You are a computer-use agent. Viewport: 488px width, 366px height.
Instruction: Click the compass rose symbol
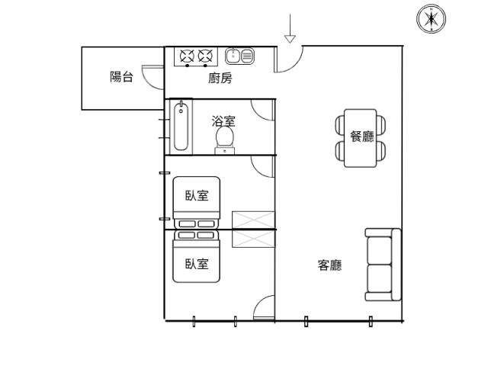click(431, 18)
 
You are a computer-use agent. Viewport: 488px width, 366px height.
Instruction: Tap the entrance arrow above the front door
click(290, 28)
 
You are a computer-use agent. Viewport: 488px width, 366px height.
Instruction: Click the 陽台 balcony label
click(121, 76)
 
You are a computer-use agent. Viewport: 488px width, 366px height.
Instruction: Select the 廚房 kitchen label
click(220, 78)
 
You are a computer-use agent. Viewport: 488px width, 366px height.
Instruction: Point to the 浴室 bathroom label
click(223, 121)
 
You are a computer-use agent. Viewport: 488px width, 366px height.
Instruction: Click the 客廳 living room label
click(330, 265)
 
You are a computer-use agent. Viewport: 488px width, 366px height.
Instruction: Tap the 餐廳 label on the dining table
click(361, 136)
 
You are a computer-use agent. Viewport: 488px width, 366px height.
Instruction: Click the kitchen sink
click(239, 56)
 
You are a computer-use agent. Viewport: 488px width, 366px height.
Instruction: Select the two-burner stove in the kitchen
click(196, 56)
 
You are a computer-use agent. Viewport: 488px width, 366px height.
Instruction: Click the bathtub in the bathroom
click(181, 127)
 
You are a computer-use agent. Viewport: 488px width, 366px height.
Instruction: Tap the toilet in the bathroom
click(225, 140)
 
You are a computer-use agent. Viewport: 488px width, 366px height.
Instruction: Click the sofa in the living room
click(383, 265)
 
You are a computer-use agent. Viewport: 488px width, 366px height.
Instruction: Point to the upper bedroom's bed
click(197, 203)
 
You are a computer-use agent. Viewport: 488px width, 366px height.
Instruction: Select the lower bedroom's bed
click(197, 256)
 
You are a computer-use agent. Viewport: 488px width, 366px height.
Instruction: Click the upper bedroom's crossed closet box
click(253, 220)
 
